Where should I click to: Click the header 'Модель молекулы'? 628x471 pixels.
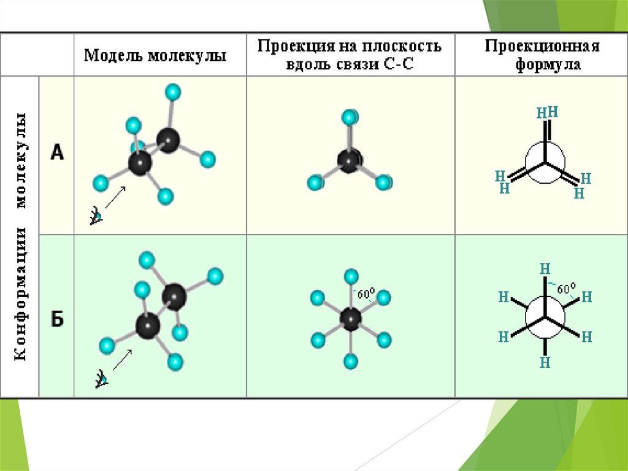pos(155,56)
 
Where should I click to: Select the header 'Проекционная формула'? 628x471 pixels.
pos(542,55)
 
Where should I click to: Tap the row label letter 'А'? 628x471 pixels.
pos(56,152)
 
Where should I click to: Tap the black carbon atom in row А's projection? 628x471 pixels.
pos(350,160)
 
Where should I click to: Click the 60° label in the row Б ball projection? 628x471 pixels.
pos(366,294)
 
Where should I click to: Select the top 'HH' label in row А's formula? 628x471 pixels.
pos(547,112)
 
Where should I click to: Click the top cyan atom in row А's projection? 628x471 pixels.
pos(350,117)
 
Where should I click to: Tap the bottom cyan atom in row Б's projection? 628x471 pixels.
pos(351,361)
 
